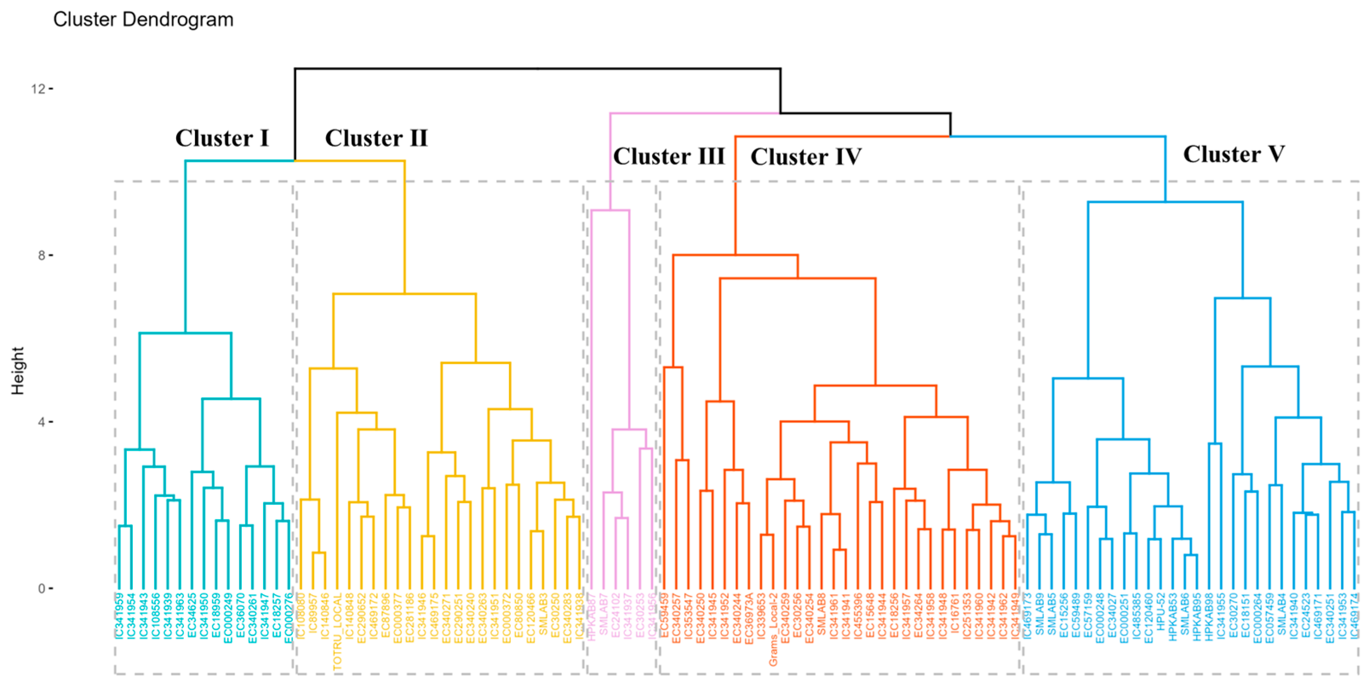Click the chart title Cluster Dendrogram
pos(143,20)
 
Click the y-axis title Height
pos(17,371)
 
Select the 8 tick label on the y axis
pos(41,255)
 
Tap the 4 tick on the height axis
pos(41,422)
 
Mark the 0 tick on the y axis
pos(41,589)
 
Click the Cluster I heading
pos(222,138)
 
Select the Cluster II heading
pos(376,138)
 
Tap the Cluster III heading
pos(669,156)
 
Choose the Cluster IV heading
pos(806,157)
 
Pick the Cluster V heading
pos(1234,154)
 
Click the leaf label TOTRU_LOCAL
pos(337,632)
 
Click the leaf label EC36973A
pos(749,619)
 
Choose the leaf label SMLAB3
pos(543,615)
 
